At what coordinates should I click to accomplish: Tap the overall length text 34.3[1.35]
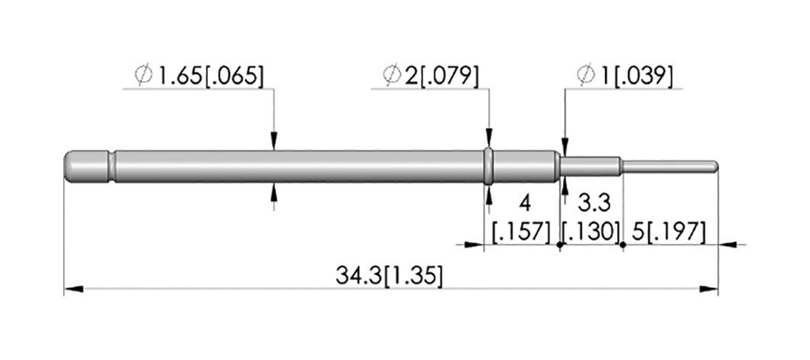click(389, 275)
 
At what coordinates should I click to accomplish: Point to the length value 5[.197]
click(668, 233)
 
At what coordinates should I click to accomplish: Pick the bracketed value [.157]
click(522, 233)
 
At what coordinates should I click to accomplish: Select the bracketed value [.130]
click(591, 233)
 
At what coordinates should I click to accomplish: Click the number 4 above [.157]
click(524, 203)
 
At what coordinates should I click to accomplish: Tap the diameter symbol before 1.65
click(144, 75)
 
